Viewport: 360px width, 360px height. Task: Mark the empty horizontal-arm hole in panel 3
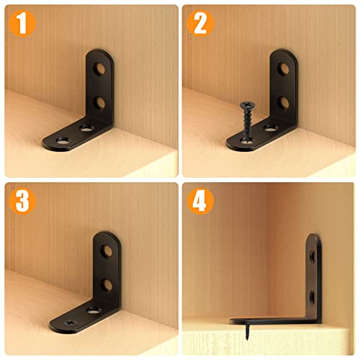click(x=93, y=310)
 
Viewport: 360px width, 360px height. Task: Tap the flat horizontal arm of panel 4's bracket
click(x=270, y=319)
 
